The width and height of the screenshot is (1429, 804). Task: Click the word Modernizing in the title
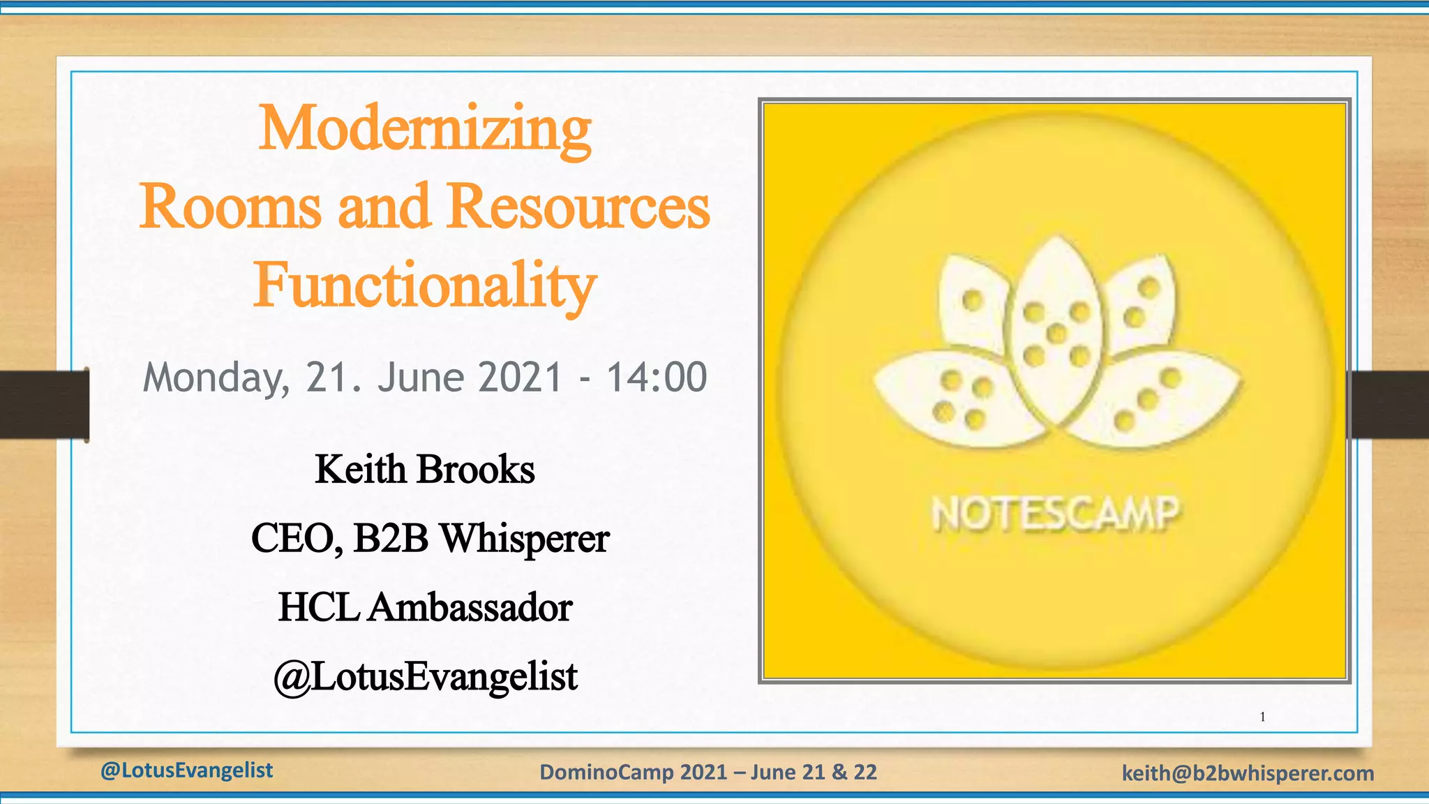(425, 130)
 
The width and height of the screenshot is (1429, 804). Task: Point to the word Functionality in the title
(425, 286)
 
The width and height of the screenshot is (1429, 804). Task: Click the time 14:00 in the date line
(657, 378)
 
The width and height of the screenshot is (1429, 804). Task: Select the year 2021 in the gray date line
(521, 378)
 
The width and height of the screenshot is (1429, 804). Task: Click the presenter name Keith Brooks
(425, 469)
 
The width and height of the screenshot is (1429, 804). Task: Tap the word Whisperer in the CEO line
(525, 538)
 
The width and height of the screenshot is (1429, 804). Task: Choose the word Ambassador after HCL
(470, 607)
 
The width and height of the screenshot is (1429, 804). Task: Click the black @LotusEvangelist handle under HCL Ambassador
(425, 676)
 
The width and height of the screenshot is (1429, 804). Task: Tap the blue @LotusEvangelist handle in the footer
(186, 770)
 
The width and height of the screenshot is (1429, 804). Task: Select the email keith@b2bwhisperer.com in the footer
(1248, 773)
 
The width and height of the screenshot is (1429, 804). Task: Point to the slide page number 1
(1262, 717)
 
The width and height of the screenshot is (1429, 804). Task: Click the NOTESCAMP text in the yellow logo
(1055, 515)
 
